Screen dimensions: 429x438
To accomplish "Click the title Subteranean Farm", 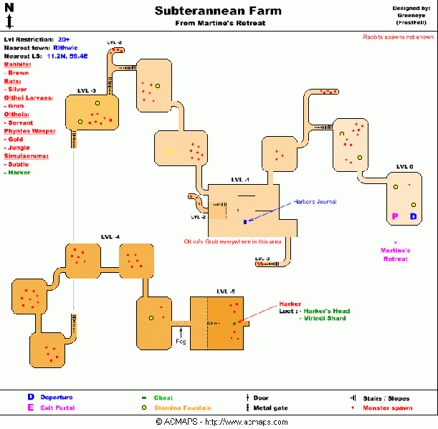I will click(x=218, y=11).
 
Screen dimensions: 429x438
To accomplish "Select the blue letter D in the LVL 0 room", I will click(x=413, y=216).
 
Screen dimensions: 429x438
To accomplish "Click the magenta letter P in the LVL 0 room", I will click(x=394, y=216).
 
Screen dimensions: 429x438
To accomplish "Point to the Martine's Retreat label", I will click(x=395, y=254).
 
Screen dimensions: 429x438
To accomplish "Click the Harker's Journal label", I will click(x=315, y=202).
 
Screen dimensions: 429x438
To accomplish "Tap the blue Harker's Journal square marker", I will click(x=244, y=222).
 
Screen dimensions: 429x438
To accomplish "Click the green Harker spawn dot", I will click(x=234, y=324).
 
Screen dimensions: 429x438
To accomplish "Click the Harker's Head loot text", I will click(x=325, y=311).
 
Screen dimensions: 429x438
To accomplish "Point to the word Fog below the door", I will click(x=181, y=342).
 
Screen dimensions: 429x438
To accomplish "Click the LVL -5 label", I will click(x=226, y=291).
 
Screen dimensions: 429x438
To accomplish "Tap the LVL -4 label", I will click(x=111, y=237).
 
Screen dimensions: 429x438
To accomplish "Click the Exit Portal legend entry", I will click(x=57, y=408).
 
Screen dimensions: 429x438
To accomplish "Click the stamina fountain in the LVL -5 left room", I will click(x=151, y=318).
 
